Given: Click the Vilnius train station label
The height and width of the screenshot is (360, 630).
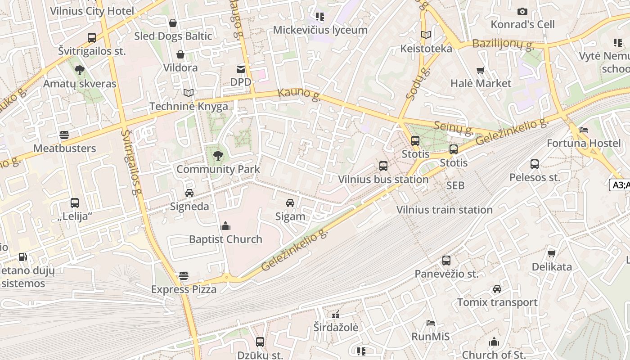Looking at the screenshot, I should point(444,210).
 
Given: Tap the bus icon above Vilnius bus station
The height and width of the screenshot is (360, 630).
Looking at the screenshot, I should point(383,166).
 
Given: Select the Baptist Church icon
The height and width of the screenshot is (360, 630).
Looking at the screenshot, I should point(225,226).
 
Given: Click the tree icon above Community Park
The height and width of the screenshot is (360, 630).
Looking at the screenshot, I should point(218,156).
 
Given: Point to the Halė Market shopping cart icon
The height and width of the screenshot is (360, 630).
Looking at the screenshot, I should point(481,70).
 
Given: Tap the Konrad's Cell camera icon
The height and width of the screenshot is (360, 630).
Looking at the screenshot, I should point(522,11).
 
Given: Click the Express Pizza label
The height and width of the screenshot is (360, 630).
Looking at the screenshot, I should point(184,289).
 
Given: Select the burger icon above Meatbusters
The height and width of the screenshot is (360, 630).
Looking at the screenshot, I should point(64,135).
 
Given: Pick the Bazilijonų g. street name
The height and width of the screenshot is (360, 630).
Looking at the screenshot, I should point(503,45).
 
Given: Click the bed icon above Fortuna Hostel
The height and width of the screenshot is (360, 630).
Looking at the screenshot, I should point(584,130).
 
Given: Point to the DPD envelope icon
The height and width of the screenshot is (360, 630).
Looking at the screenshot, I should point(241,69).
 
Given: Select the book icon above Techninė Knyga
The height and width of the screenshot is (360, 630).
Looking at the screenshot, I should point(189,93).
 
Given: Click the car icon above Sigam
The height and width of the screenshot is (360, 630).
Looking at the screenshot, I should point(290,203).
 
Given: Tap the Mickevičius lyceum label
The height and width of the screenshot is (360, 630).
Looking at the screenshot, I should point(320,30).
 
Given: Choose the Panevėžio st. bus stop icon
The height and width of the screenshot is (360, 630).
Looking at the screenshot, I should point(446,261).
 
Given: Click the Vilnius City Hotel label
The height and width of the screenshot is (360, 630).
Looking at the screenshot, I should point(92,11).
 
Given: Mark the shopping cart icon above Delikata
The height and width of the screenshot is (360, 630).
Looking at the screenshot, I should point(552,253).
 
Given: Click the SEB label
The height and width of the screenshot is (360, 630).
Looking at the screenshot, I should point(455,185).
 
